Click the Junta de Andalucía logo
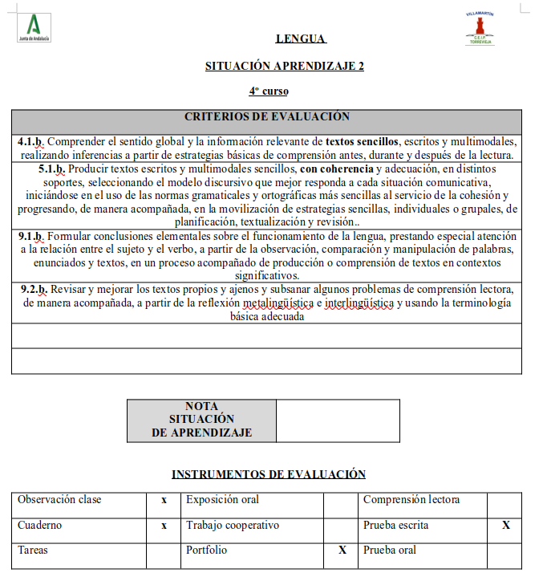pos(33,27)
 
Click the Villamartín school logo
pos(480,28)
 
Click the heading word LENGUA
pos(300,39)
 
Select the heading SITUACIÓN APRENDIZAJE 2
pos(285,66)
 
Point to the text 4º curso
pos(269,91)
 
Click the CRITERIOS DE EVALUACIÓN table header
pos(266,117)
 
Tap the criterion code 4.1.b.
pos(30,141)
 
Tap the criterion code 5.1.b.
pos(51,169)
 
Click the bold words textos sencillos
pos(363,141)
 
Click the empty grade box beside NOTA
pos(338,421)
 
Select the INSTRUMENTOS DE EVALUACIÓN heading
pos(269,474)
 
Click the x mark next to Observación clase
pos(164,500)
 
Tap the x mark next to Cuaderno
pos(164,526)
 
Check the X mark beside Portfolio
pos(342,551)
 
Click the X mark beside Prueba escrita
pos(505,526)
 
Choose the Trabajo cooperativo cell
pos(233,526)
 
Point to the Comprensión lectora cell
pos(411,500)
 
